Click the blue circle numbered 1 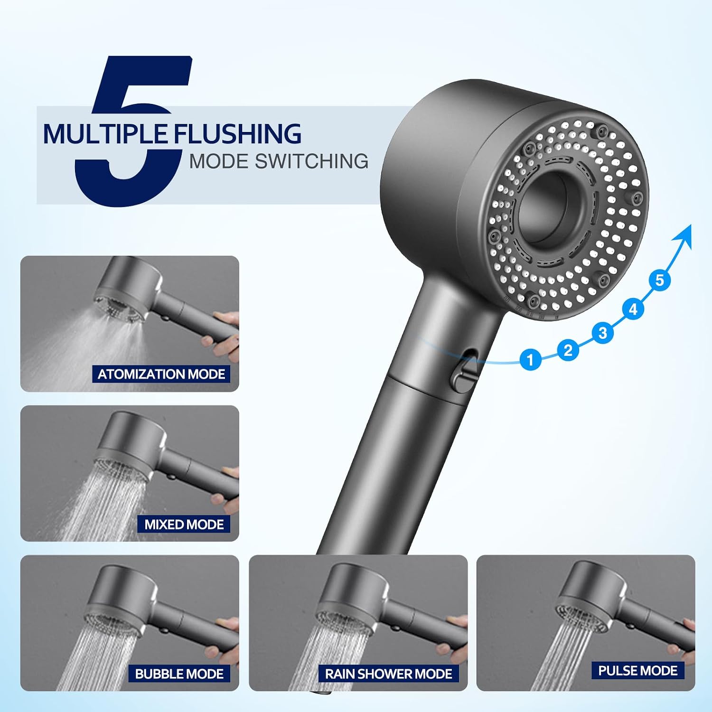530,359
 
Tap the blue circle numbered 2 568,350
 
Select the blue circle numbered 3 603,333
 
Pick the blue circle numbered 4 633,309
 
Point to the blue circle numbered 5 659,280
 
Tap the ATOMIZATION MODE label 161,374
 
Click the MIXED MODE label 184,524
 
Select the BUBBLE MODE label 179,674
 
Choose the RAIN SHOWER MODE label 389,674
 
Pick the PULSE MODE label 638,670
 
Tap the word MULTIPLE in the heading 105,134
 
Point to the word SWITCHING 312,161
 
